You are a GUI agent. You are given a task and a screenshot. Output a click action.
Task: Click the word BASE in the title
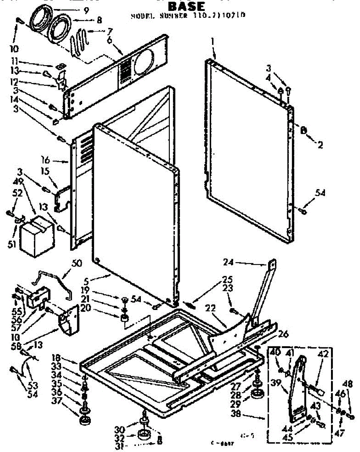click(186, 6)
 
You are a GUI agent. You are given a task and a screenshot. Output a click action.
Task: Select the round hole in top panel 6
click(143, 61)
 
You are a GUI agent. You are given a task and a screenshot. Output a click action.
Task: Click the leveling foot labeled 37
click(85, 418)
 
